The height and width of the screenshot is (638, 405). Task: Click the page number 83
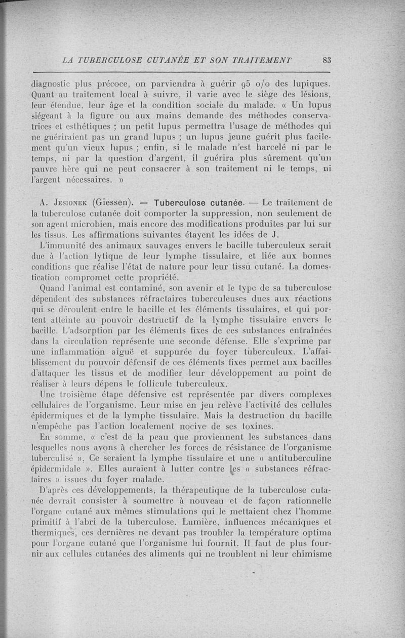[x=326, y=60]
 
